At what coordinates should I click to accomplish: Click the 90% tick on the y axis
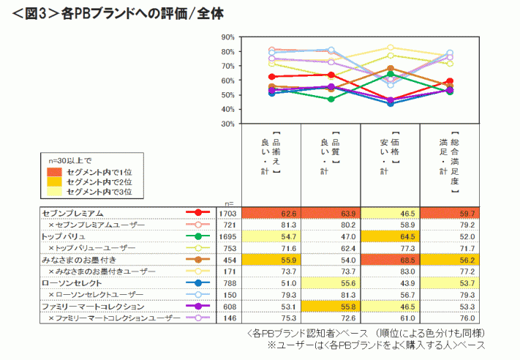pyautogui.click(x=227, y=37)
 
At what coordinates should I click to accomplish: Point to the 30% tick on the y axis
pyautogui.click(x=227, y=124)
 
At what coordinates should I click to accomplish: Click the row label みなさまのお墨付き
pyautogui.click(x=76, y=259)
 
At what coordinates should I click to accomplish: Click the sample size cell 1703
pyautogui.click(x=229, y=212)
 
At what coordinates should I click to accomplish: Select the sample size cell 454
pyautogui.click(x=229, y=260)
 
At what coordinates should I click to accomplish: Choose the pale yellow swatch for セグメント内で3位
pyautogui.click(x=55, y=191)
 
